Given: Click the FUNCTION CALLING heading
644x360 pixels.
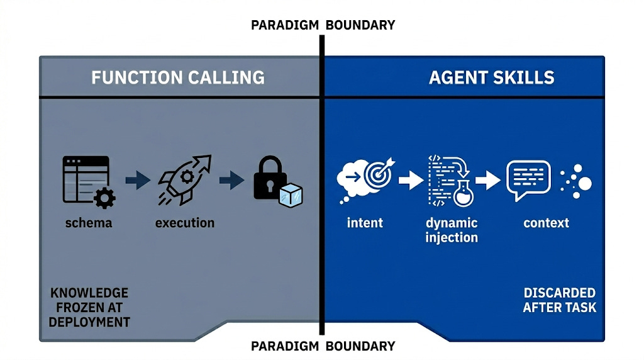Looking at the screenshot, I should coord(178,77).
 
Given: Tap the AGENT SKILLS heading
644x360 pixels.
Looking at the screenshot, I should coord(491,77).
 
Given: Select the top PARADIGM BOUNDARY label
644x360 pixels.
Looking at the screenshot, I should coord(323,25).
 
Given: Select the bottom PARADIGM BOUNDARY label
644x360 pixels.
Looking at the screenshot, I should coord(323,346).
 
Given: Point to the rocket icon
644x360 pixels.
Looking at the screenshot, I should coord(184,181).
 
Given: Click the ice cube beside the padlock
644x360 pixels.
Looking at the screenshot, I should coord(291,194).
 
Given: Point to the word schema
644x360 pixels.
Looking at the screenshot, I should coord(88,223).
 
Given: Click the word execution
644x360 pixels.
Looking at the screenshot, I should coord(184,223).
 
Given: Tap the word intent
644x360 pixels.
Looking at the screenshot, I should coord(365,223).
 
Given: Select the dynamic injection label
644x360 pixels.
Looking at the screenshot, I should coord(452,230).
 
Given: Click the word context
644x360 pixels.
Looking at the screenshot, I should coord(546,223).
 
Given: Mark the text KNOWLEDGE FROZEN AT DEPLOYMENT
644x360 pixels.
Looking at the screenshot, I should coord(90,307).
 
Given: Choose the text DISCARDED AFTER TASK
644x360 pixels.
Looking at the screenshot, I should coord(559,300).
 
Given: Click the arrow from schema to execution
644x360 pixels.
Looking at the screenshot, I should coord(137,181).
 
